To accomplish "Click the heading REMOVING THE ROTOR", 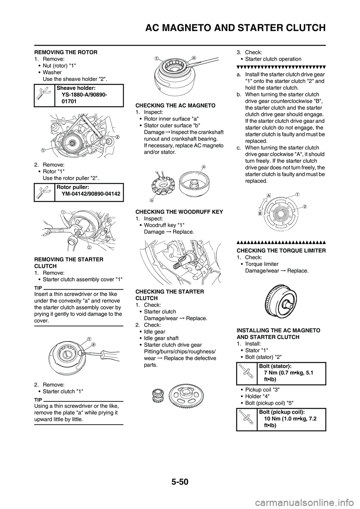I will coord(66,52).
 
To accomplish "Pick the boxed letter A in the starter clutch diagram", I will coord(269,195).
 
